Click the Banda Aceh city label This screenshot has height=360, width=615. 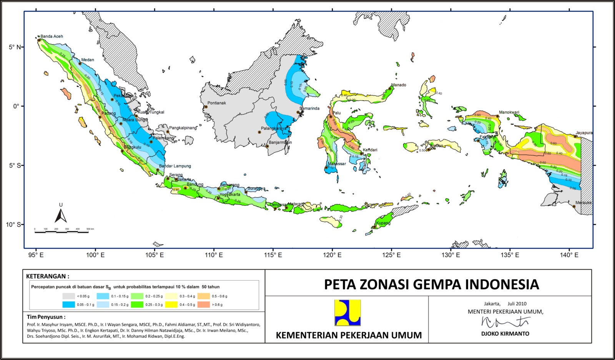52,36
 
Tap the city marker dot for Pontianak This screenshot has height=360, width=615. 206,107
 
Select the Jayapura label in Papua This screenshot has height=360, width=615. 584,133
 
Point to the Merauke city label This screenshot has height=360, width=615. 583,203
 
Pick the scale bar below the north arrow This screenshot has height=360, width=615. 61,232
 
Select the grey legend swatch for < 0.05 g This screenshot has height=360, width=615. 69,296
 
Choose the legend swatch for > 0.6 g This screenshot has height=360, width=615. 204,305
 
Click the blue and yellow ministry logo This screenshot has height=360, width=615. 347,313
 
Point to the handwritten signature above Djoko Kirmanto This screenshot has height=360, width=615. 505,322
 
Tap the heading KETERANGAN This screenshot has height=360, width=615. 48,276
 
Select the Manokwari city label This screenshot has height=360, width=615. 509,113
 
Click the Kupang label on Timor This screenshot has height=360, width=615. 383,223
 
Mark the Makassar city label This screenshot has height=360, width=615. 337,164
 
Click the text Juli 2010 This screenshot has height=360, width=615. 517,304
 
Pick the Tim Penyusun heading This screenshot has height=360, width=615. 46,317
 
